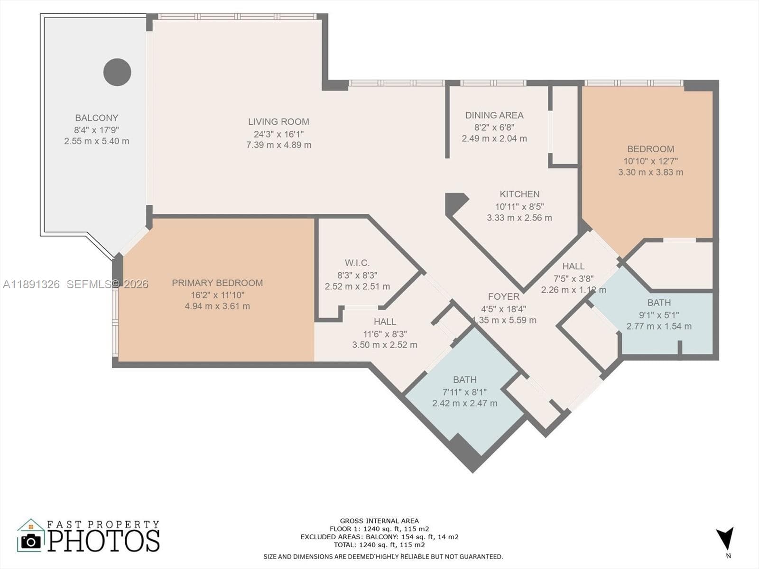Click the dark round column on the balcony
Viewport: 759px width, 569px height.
click(x=117, y=72)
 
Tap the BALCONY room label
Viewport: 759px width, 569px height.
click(x=96, y=118)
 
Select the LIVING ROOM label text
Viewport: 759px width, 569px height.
click(x=278, y=121)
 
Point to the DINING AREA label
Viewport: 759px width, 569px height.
click(x=494, y=115)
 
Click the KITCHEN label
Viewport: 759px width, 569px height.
click(x=519, y=194)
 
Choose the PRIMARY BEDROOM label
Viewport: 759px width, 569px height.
click(x=217, y=283)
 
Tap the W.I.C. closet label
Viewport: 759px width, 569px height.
click(x=357, y=263)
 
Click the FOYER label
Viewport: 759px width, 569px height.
click(x=503, y=296)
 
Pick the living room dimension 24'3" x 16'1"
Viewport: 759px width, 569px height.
click(x=278, y=134)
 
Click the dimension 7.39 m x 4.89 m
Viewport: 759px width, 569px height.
click(x=278, y=145)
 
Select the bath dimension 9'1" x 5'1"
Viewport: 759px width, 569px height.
click(x=659, y=315)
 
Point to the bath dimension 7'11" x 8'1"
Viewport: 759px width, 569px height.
click(x=464, y=392)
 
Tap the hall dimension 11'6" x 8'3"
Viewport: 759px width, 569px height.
click(x=385, y=334)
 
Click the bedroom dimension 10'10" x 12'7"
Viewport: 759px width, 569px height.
click(x=650, y=161)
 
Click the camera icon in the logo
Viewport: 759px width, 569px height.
click(x=31, y=541)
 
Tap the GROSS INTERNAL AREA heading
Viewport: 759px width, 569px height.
click(x=379, y=521)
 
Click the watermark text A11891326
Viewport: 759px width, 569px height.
click(x=31, y=284)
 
